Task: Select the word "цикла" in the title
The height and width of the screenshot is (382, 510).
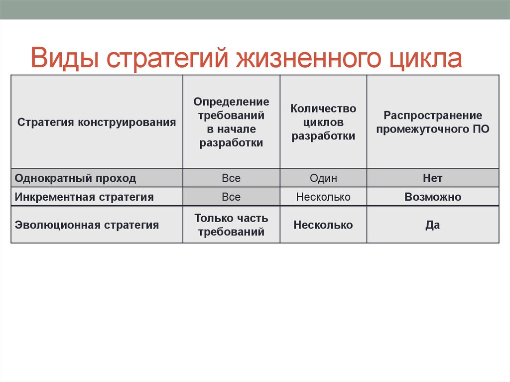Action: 424,58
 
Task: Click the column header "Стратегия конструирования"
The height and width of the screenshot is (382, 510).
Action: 97,122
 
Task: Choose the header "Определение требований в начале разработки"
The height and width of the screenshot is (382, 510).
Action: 231,122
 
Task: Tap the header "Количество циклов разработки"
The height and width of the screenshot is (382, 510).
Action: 323,122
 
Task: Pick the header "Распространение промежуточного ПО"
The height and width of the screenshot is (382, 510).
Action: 432,122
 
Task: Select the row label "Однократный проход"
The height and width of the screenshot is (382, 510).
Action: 75,178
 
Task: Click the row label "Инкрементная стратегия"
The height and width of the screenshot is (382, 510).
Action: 84,197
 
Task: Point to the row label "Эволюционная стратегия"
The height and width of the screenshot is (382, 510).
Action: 87,225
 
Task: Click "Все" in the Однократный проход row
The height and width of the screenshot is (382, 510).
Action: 231,178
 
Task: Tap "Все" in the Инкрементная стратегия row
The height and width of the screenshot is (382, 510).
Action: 231,197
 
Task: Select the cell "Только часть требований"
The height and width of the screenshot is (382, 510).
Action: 231,225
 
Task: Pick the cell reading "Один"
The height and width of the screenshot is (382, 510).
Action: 323,178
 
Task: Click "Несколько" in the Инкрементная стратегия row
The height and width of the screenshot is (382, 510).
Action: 323,197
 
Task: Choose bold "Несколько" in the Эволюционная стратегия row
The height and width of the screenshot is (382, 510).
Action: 323,225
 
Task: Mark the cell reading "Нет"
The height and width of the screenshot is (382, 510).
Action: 432,178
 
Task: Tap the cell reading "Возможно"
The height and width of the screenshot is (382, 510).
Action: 432,197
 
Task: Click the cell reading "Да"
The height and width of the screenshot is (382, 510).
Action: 432,225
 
